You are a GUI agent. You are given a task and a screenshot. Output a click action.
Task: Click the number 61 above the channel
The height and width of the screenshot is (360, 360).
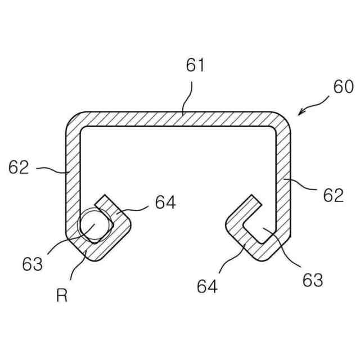(x=196, y=65)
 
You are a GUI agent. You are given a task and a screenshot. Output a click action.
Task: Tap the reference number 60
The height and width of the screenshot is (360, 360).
(x=343, y=87)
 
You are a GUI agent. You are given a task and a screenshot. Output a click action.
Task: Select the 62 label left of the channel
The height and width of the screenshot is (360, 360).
(x=19, y=167)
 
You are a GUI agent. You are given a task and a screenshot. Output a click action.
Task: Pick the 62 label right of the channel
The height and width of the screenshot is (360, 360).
(x=333, y=195)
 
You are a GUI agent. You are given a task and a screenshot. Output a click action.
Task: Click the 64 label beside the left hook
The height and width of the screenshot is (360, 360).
(x=165, y=202)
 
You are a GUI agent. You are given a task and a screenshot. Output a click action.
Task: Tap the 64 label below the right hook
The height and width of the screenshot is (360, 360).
(x=208, y=286)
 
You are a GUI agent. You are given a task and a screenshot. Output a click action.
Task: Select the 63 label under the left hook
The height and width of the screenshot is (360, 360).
(x=33, y=263)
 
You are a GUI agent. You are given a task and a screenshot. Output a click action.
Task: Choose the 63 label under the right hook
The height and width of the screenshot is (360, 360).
(x=313, y=280)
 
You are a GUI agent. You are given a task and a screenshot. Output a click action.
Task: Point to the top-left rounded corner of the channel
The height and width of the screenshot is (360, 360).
(x=73, y=119)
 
